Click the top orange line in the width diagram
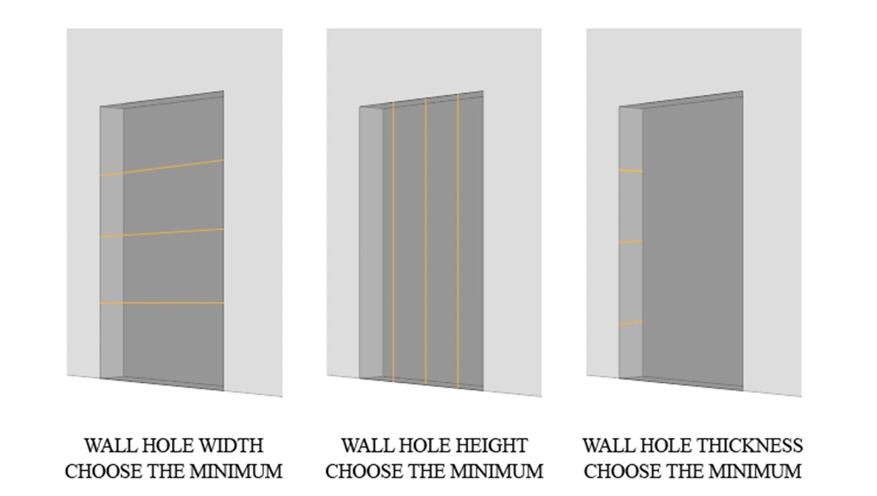[162, 168]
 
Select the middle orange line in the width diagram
[162, 232]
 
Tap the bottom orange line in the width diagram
[162, 303]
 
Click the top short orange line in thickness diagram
[630, 172]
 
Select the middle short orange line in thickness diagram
[630, 242]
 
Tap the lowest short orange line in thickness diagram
[630, 323]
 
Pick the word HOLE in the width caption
[164, 446]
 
